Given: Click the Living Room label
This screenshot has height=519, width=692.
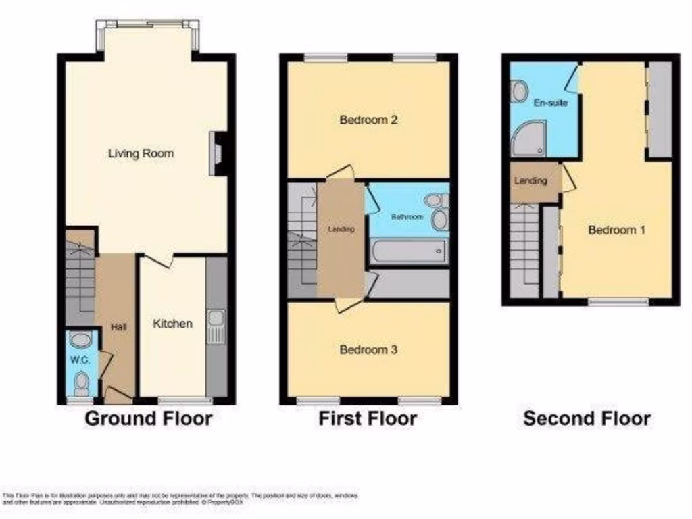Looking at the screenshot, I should [141, 154].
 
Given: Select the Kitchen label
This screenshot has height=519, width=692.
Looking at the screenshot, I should [172, 324].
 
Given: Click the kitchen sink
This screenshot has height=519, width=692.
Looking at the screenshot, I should [217, 326].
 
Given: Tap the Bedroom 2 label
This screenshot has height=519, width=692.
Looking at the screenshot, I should [368, 121].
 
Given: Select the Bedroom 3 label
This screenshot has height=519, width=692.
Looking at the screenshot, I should [368, 350].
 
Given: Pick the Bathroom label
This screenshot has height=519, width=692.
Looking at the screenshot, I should [407, 217].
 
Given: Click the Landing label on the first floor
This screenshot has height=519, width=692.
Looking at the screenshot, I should [341, 230].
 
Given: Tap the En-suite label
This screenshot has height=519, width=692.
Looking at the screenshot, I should [551, 103].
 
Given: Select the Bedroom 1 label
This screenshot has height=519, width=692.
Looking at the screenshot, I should [616, 230].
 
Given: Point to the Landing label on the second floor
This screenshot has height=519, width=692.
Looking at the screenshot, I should [530, 181].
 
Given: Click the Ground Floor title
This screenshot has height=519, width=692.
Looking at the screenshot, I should [148, 419].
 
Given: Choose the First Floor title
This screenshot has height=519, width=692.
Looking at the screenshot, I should [368, 419].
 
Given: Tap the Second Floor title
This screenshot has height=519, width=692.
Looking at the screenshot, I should [587, 419].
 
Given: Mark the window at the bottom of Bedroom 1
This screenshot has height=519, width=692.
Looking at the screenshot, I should [618, 302].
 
